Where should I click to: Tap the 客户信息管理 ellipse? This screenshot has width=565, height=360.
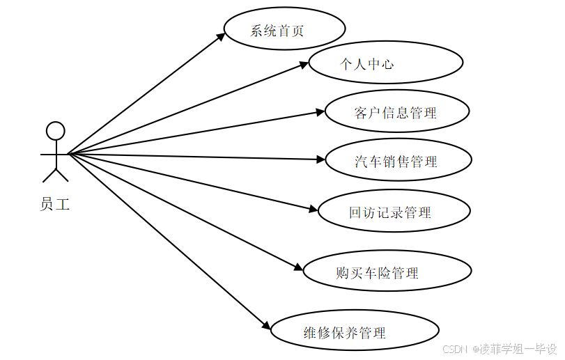[396, 111]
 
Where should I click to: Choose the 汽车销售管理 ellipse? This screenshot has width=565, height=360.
[398, 161]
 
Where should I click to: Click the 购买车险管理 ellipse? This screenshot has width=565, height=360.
[387, 272]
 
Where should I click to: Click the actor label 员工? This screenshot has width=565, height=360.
[55, 205]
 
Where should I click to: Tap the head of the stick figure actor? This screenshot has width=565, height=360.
[55, 131]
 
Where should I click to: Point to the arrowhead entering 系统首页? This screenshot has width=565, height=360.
[222, 36]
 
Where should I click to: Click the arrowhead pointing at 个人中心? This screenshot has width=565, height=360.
[304, 65]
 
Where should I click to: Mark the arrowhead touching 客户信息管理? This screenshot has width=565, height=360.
[321, 111]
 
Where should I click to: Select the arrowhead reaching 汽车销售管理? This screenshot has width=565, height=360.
[321, 159]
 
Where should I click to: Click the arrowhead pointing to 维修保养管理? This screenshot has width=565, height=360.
[266, 327]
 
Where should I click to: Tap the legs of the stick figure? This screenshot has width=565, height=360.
[55, 173]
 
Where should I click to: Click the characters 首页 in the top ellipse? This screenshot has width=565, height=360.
[291, 30]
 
